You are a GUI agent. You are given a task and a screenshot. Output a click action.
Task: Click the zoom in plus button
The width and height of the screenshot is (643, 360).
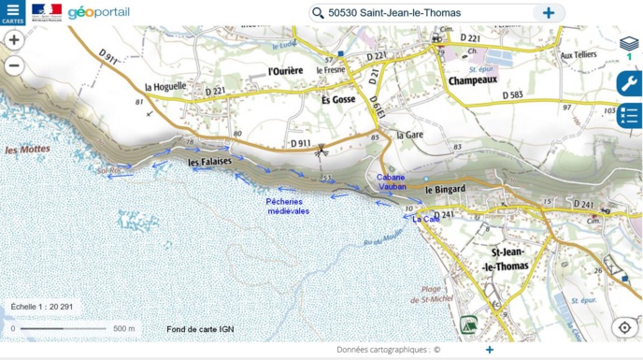(x=14, y=40)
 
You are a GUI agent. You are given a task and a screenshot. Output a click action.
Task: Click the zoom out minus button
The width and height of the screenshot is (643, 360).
(x=14, y=65)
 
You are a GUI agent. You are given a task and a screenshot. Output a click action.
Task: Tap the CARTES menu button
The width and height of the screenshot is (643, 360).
(x=12, y=12)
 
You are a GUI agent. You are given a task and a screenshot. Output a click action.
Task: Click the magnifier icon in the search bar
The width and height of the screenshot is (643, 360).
(x=318, y=13)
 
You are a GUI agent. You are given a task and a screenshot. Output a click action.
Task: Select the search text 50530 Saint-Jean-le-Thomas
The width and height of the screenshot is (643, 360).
(x=394, y=13)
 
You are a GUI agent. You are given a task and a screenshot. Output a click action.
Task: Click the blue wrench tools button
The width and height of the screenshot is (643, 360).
(x=629, y=84)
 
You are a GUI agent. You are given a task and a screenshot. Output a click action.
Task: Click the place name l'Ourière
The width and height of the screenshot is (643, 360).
(x=287, y=70)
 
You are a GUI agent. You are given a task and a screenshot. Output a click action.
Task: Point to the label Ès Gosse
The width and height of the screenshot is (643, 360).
(x=338, y=99)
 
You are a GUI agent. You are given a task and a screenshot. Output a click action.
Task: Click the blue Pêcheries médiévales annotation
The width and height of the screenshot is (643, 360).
(x=288, y=206)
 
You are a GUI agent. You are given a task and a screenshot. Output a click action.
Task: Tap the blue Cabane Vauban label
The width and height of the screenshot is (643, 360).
(x=392, y=181)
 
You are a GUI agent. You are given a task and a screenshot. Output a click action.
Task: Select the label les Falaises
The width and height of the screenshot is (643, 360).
(x=209, y=162)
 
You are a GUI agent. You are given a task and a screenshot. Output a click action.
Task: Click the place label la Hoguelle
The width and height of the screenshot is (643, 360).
(x=166, y=86)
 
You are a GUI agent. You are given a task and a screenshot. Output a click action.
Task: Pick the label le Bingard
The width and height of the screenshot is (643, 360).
(x=445, y=190)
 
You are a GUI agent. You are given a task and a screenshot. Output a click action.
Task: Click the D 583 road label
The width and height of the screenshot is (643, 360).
(x=513, y=95)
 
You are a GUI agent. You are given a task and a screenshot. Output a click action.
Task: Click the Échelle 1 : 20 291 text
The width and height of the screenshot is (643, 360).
(x=42, y=307)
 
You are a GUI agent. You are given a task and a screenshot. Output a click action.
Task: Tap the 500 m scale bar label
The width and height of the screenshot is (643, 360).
(x=124, y=328)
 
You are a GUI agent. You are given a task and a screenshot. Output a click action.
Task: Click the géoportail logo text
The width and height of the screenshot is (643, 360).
(x=98, y=12)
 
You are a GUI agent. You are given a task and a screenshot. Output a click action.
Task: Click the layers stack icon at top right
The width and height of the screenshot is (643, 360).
(x=629, y=43)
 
